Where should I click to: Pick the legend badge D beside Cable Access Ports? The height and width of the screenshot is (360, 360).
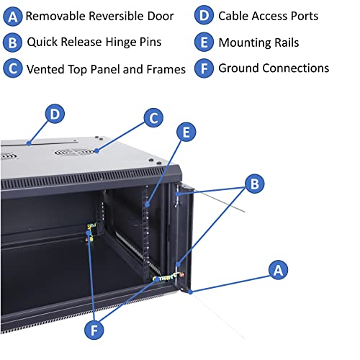click(204, 15)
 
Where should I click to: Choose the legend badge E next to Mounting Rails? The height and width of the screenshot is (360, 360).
click(204, 42)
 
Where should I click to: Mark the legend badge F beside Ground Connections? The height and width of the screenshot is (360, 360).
click(204, 68)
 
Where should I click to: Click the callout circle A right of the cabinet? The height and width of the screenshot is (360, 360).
click(279, 270)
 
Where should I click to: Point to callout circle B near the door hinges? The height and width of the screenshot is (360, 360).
click(253, 184)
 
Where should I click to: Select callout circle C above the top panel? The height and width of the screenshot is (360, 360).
click(153, 117)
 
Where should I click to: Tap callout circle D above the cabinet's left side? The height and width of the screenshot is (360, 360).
click(55, 113)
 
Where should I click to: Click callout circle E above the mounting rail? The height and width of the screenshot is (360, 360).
click(186, 132)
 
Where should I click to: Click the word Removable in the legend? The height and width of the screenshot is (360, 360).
click(58, 15)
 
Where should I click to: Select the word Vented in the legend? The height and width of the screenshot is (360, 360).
click(47, 69)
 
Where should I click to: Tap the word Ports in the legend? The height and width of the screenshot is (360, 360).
click(302, 15)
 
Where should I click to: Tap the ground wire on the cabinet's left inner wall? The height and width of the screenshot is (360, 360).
click(90, 233)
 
